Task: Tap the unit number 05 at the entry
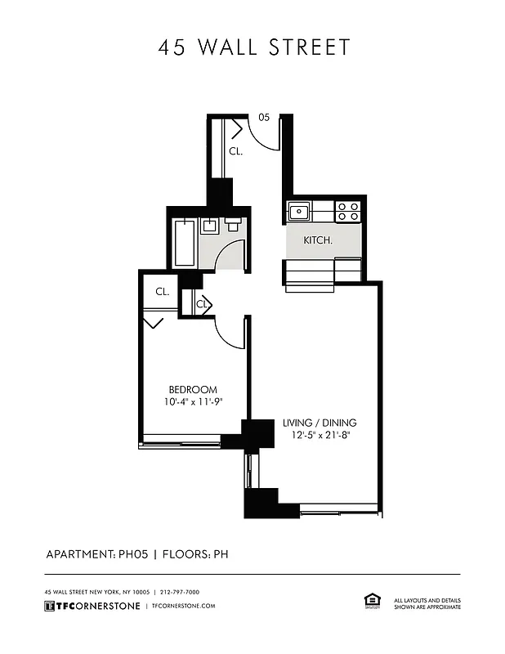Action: coord(264,117)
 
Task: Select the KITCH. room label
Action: coord(318,240)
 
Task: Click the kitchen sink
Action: coord(299,212)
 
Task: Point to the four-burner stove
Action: coord(348,212)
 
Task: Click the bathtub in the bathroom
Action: coord(185,241)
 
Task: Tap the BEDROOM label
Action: coord(193,389)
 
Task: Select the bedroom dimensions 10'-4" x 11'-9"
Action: coord(193,401)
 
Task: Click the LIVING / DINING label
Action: coord(320,423)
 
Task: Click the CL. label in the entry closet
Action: coord(235,151)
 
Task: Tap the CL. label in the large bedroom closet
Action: coord(162,291)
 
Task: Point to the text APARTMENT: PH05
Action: coord(95,553)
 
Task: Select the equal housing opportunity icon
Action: coord(369,601)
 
